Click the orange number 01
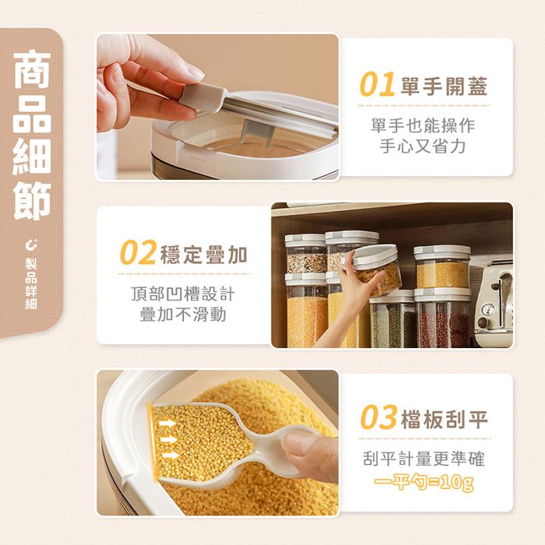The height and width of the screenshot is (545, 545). pyautogui.click(x=377, y=84)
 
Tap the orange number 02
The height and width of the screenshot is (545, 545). pyautogui.click(x=138, y=252)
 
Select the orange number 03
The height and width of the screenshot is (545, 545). pyautogui.click(x=378, y=417)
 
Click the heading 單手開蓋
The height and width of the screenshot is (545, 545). pyautogui.click(x=445, y=86)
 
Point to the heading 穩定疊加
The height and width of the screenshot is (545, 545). pyautogui.click(x=204, y=255)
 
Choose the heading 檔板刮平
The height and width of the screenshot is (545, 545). pyautogui.click(x=445, y=419)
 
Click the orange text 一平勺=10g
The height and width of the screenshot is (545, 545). pyautogui.click(x=424, y=483)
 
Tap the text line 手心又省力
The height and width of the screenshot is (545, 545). pyautogui.click(x=423, y=146)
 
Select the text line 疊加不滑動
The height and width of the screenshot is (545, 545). pyautogui.click(x=183, y=315)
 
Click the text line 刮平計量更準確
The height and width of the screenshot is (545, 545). pyautogui.click(x=424, y=459)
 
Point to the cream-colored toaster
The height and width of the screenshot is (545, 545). pyautogui.click(x=493, y=305)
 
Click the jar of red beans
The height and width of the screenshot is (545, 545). pyautogui.click(x=442, y=318)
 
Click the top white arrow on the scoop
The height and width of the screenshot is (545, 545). pyautogui.click(x=167, y=423)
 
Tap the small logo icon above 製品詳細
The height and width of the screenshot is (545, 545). pyautogui.click(x=31, y=244)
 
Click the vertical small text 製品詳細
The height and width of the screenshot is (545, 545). pyautogui.click(x=31, y=284)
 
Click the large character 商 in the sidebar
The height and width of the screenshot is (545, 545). pyautogui.click(x=33, y=69)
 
